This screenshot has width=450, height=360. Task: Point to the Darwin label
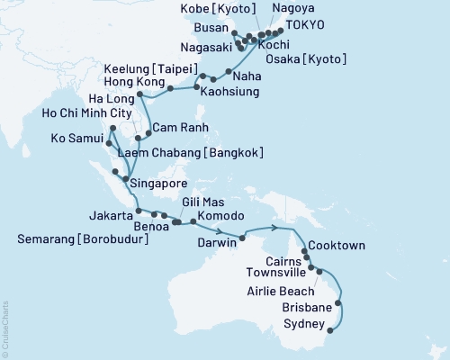216,241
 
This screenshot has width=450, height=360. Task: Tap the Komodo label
221,217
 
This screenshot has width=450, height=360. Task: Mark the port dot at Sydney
329,330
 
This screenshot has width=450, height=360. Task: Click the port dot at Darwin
242,238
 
